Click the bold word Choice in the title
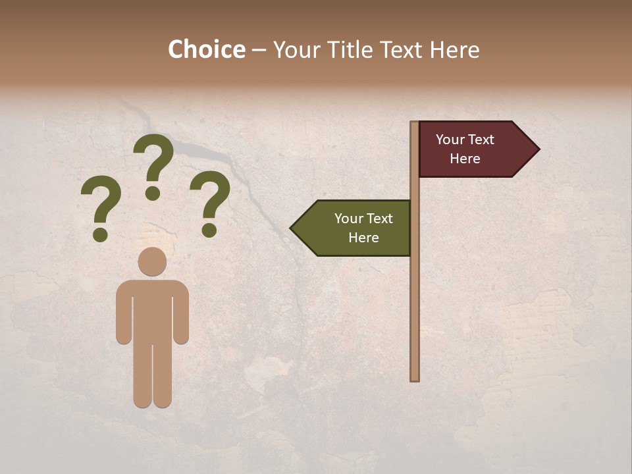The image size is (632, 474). [206, 50]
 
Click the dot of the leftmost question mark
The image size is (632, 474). [100, 234]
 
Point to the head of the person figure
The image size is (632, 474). [152, 261]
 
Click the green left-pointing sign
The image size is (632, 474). [355, 228]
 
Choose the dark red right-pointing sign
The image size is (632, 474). [471, 149]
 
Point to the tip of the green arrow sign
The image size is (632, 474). [292, 228]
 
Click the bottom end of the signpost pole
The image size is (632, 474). [415, 378]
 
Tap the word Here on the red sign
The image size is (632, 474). [465, 159]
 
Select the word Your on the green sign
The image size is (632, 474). [348, 219]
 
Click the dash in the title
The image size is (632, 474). [259, 50]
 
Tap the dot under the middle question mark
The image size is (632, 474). [153, 193]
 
